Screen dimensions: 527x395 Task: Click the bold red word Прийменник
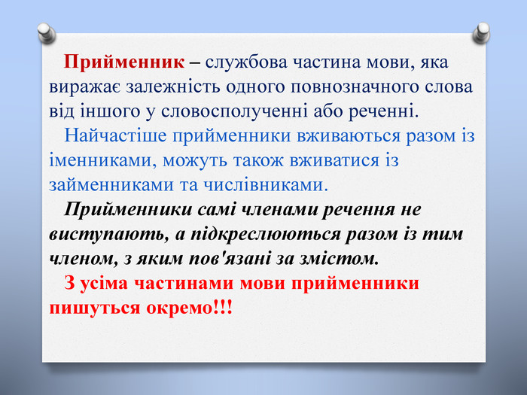124,62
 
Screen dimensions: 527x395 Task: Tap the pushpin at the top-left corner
47,34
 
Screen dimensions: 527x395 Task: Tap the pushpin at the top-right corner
481,33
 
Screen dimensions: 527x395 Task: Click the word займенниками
111,185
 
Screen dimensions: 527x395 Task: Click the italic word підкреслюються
266,234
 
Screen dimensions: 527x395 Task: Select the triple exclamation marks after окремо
223,307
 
